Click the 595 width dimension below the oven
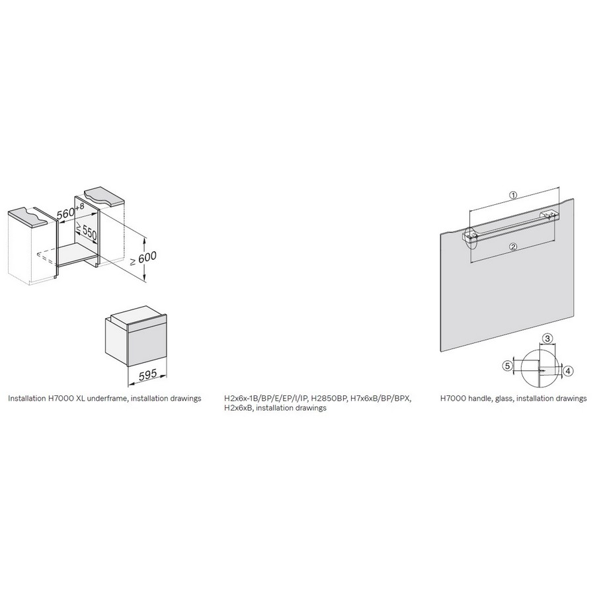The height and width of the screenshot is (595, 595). coord(147,375)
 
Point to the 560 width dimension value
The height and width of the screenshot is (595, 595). coord(65,214)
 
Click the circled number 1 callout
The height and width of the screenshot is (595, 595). coord(513,195)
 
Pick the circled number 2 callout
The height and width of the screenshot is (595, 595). coord(513,247)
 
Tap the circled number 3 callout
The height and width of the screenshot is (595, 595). coord(547,338)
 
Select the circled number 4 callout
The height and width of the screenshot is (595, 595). coord(568,371)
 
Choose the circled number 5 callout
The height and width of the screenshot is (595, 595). coord(507,366)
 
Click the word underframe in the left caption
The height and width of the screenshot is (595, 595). coord(103,399)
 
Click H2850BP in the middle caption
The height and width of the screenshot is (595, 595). coord(327,399)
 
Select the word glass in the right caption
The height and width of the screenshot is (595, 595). coord(504,399)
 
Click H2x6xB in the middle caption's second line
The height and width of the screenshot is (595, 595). coord(238,408)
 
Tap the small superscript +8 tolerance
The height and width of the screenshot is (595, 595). coord(80,207)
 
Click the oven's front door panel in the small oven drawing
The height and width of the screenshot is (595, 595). coord(147,343)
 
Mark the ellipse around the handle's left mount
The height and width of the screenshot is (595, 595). coord(471,238)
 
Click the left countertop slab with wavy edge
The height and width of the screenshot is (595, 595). coord(28,216)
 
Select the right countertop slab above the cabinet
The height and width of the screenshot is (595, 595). coord(104,196)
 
